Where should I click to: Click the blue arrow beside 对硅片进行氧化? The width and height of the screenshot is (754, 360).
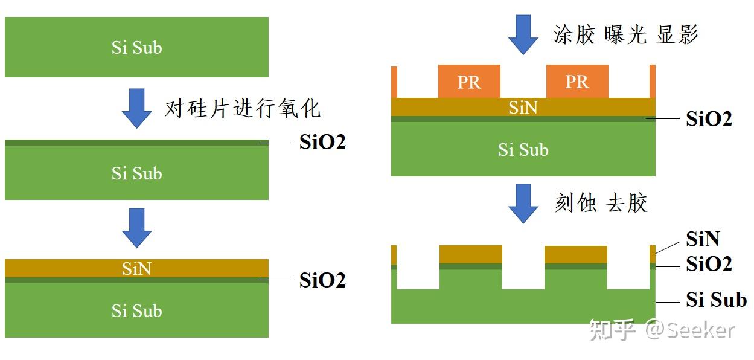tap(137, 108)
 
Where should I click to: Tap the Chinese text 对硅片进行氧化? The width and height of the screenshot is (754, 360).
tap(243, 109)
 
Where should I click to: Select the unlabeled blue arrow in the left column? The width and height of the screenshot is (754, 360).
tap(137, 227)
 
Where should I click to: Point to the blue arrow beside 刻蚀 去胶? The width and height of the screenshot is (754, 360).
tap(523, 203)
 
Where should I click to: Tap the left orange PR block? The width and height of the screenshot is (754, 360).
tap(469, 82)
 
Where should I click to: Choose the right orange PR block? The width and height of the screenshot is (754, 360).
tap(577, 82)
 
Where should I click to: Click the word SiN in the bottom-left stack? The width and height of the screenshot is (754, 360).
tap(136, 268)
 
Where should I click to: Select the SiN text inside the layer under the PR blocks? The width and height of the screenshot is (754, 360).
tap(523, 108)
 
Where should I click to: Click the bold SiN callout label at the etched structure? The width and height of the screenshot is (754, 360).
tap(703, 239)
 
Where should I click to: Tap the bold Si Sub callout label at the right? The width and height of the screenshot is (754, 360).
tap(716, 300)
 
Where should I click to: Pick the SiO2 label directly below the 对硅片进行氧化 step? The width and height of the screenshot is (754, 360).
tap(322, 143)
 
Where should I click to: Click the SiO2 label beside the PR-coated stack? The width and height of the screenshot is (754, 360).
tap(709, 119)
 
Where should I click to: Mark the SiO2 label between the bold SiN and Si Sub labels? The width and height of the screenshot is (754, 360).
tap(709, 264)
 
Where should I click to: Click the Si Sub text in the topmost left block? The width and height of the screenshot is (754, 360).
tap(136, 48)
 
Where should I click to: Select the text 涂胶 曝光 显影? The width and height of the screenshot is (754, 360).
tap(625, 35)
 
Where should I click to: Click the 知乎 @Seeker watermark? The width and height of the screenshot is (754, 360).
tap(662, 330)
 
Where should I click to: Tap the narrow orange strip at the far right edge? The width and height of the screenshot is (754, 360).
tap(652, 81)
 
